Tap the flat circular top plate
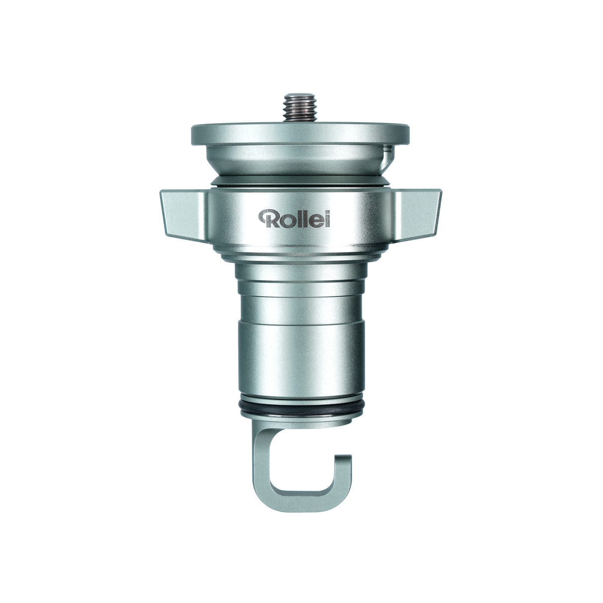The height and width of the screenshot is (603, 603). (x=300, y=134)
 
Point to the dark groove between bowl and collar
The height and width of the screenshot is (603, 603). (x=300, y=181)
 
